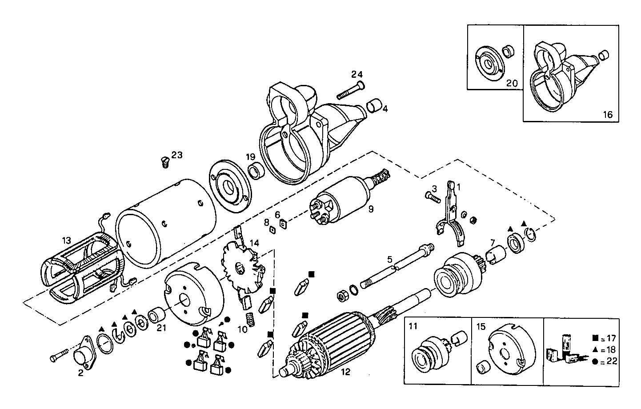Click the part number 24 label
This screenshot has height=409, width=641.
[357, 74]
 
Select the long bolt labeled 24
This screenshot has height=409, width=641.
[351, 90]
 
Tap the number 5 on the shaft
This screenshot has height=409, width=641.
[389, 259]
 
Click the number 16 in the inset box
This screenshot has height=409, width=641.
[607, 114]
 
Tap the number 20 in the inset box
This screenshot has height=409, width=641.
[512, 83]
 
